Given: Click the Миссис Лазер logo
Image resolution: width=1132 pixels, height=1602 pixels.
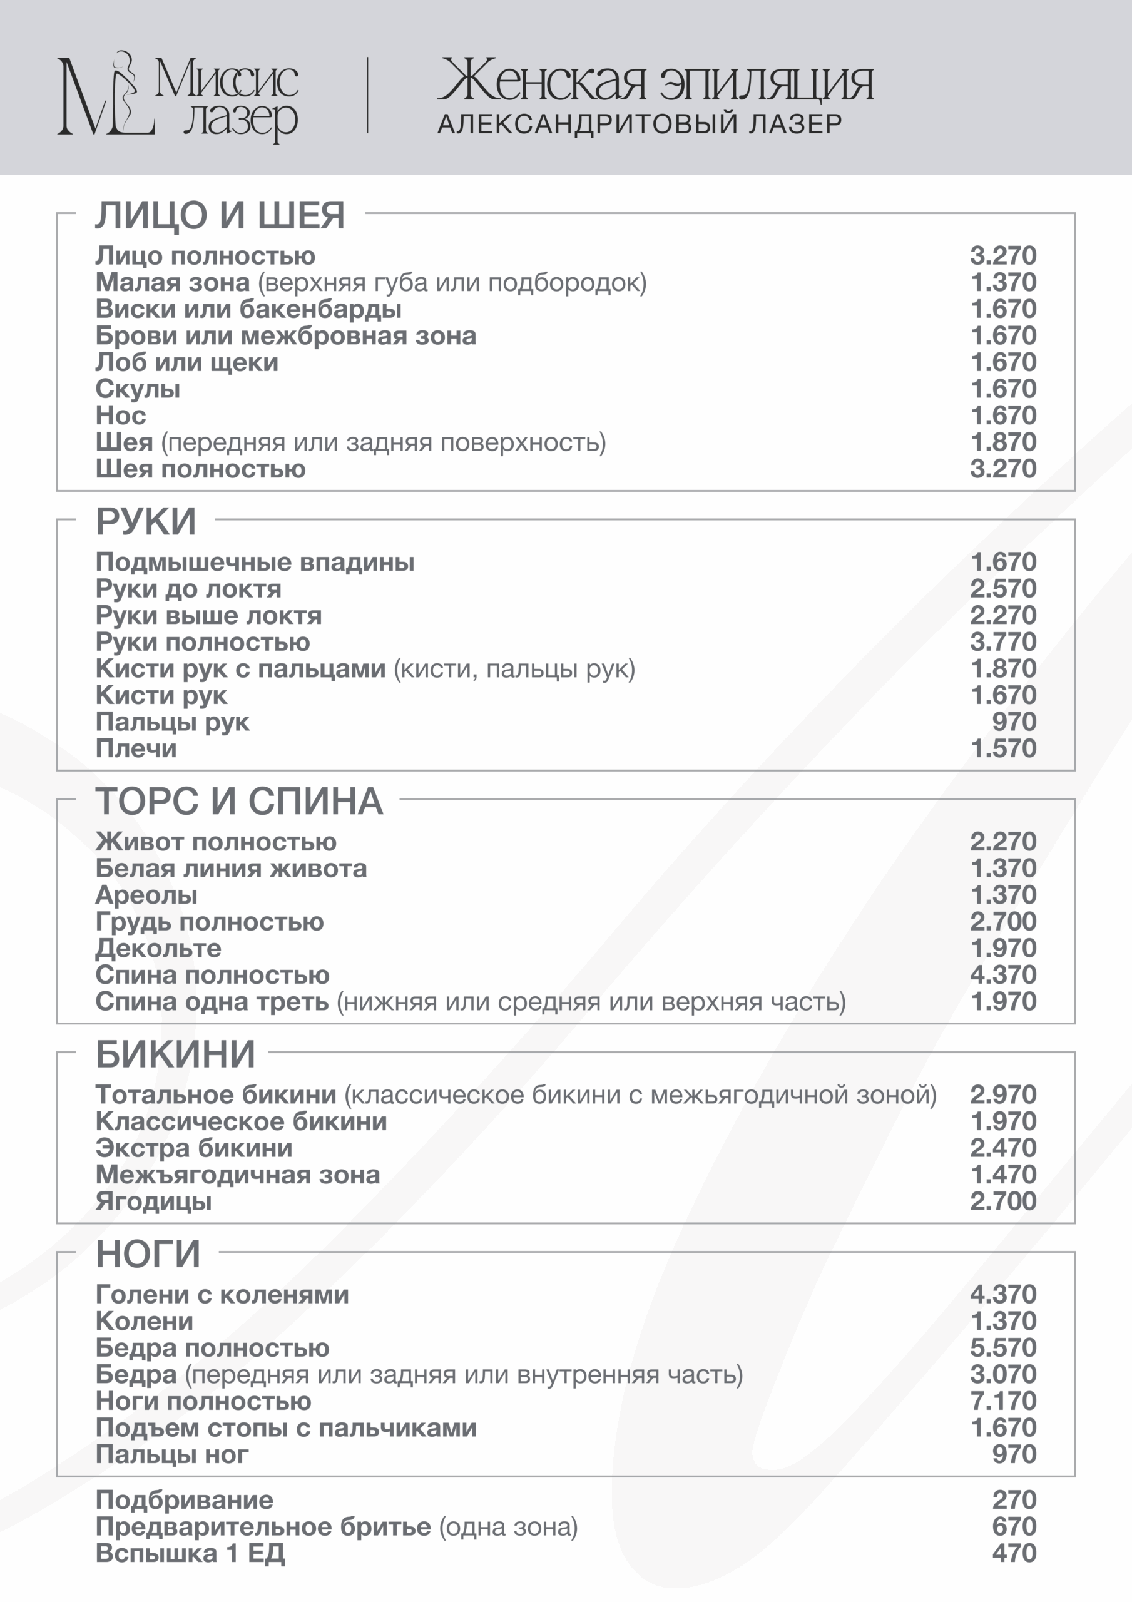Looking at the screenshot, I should coord(178,96).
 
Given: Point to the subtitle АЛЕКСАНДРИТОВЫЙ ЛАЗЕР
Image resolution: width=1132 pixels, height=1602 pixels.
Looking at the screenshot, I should coord(640,124).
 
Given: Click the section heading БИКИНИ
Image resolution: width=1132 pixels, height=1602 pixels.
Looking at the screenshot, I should coord(175,1054).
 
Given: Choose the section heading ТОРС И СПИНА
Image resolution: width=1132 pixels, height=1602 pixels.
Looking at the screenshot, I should coord(238,801).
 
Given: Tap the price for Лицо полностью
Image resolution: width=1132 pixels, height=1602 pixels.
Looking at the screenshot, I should coord(1003,255).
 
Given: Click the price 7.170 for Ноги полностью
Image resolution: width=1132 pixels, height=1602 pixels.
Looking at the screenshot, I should coord(1003,1400).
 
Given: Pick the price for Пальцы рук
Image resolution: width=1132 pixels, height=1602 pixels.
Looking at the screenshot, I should coord(1014,722).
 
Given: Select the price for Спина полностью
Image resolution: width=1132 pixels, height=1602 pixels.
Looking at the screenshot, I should coord(1003,975).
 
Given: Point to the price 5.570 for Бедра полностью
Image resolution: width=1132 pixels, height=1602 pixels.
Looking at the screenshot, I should coord(1003,1347).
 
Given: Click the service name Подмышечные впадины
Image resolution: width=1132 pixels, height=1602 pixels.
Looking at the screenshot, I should coord(255,562).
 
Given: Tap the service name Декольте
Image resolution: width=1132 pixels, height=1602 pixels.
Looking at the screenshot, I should coord(158,948).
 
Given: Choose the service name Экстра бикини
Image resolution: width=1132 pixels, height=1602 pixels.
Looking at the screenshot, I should coord(194,1148).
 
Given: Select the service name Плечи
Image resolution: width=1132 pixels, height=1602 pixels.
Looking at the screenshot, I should coord(136,748).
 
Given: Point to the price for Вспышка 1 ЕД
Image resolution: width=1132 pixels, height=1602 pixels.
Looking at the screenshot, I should coord(1014,1553).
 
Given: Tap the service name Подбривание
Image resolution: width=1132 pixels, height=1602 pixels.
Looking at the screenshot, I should coord(184,1500).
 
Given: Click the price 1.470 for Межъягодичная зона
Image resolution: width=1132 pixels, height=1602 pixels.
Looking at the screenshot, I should coord(1003,1175).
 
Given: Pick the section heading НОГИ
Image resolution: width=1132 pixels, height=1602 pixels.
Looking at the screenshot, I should coord(148,1254).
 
